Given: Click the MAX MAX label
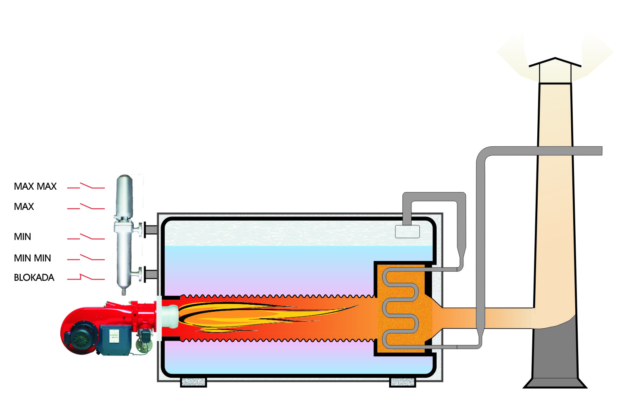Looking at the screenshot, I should coord(35,186).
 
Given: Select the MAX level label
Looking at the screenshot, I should coord(24,207).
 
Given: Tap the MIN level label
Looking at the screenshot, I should coord(22,237).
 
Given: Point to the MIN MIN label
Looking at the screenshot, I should coord(32,258).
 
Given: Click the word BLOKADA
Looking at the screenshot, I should coord(34,278).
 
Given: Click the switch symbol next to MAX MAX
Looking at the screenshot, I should coord(86,186).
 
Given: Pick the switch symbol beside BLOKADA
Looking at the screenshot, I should coord(86,278).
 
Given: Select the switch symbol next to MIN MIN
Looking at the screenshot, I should coord(86,258).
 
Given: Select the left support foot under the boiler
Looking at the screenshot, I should coord(193,382).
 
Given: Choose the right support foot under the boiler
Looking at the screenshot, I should coord(402,382).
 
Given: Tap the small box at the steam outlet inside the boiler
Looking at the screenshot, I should coord(407,232).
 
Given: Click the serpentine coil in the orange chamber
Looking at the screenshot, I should coord(400,307).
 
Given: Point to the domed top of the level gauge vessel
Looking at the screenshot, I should coord(124,181).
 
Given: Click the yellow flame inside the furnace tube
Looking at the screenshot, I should coord(248,315).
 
